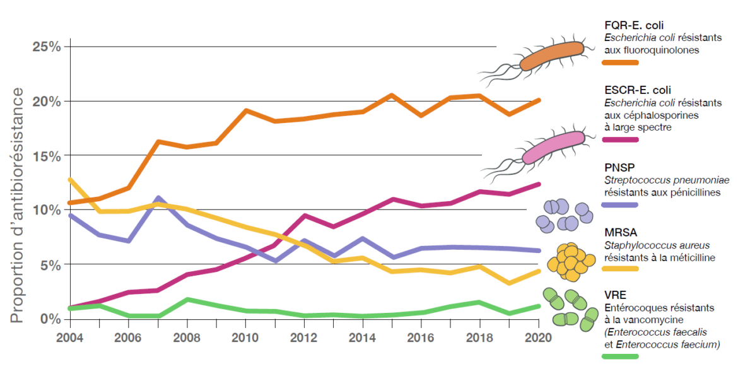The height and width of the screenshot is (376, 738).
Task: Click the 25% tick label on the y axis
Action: (x=47, y=47)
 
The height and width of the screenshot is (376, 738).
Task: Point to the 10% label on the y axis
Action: (x=47, y=209)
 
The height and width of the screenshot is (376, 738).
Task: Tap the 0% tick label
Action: (x=50, y=318)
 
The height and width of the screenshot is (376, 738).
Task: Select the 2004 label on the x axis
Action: (x=70, y=336)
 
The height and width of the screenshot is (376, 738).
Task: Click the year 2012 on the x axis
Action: (x=304, y=336)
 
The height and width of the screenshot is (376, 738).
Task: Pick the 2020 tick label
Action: (x=537, y=336)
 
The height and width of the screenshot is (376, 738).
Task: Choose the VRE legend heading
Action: (x=615, y=295)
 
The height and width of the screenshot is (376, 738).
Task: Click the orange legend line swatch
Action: (x=621, y=62)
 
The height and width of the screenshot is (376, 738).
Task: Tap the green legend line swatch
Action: (x=621, y=356)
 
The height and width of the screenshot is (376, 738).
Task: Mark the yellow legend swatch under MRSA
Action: (x=621, y=269)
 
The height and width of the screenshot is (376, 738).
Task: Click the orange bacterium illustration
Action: (x=551, y=56)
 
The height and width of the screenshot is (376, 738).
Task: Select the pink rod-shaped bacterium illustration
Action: (x=553, y=146)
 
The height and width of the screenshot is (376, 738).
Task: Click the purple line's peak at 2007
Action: (x=158, y=198)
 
